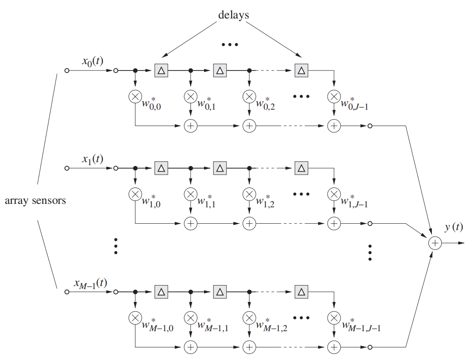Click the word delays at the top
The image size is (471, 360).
point(233,15)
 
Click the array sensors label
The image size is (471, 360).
point(35,200)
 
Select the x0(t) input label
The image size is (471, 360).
point(93,61)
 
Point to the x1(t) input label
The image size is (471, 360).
point(93,159)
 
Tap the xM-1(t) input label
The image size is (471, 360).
point(90,283)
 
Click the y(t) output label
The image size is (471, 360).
point(454,227)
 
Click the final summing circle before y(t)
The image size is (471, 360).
point(435,243)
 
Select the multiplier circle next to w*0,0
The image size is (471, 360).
point(135,97)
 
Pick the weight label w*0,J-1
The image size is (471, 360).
point(354,104)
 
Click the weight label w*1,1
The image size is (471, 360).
point(206,201)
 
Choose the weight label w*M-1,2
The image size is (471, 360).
point(272,325)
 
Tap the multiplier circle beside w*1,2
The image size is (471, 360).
point(249,194)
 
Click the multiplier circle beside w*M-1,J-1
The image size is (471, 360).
point(334,318)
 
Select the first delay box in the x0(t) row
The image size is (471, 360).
point(161,71)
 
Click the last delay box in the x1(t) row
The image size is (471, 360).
point(301,168)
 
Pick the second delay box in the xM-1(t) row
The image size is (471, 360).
point(220,292)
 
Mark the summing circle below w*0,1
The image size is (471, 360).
point(191,126)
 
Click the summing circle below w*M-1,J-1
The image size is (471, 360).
point(334,347)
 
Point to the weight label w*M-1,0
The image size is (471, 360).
point(158,325)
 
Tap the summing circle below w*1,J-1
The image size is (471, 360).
point(334,224)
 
